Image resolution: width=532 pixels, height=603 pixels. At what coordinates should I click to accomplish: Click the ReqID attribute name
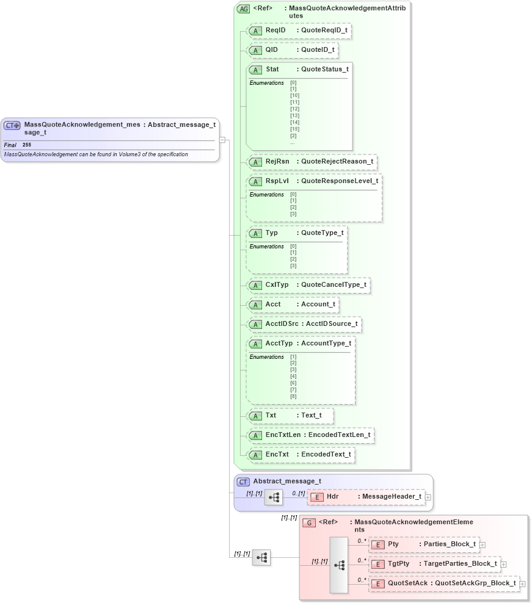click(275, 30)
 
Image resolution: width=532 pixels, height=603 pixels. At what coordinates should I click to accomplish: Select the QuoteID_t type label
click(318, 49)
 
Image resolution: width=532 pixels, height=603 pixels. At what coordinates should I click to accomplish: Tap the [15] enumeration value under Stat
click(294, 129)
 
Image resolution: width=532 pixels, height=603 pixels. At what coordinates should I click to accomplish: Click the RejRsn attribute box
click(312, 162)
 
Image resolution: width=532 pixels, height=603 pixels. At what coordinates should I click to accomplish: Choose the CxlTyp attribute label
click(277, 285)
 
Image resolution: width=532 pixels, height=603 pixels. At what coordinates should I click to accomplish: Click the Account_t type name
click(318, 304)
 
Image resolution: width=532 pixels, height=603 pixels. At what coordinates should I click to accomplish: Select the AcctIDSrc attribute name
click(282, 323)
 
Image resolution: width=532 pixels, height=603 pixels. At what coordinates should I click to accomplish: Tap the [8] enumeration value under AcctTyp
click(293, 397)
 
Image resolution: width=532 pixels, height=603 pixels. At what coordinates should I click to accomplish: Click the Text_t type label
click(312, 416)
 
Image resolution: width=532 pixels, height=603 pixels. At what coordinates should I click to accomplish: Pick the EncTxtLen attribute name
click(283, 435)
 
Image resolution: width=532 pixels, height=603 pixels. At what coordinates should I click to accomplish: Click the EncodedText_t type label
click(326, 455)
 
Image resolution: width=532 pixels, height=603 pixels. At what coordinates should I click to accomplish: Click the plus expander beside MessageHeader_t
click(428, 497)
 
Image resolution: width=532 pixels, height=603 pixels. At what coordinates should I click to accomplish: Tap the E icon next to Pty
click(378, 544)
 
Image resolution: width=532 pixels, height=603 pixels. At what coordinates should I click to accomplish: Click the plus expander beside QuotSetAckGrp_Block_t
click(522, 584)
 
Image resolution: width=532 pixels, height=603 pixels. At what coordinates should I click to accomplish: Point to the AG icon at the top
click(244, 9)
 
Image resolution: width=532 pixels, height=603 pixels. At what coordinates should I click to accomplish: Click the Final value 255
click(27, 145)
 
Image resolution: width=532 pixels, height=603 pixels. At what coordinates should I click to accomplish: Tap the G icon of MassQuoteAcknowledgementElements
click(310, 523)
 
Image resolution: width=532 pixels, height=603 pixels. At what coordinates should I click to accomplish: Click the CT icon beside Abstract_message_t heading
click(243, 482)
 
